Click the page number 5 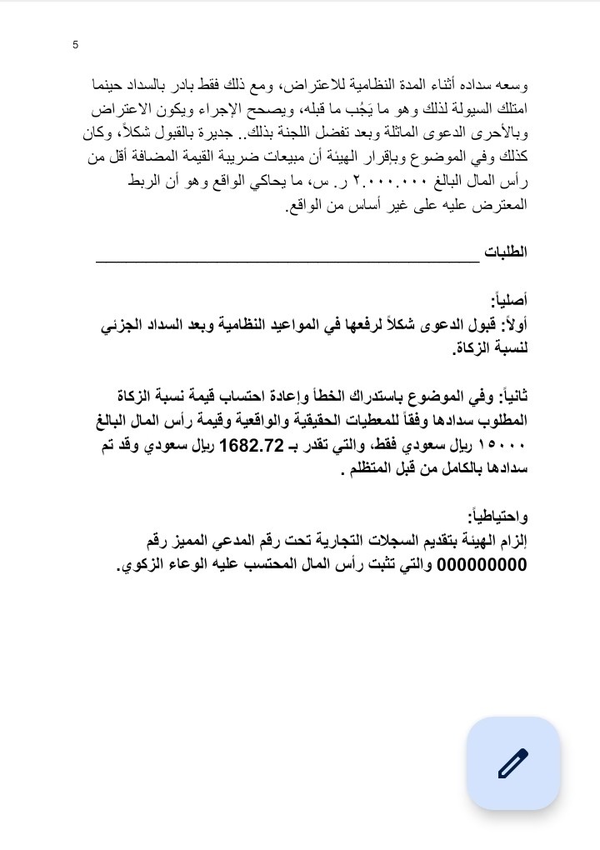coord(76,45)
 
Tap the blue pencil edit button coord(512,762)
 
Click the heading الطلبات coord(506,252)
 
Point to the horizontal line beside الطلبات coord(287,260)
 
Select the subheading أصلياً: coord(509,300)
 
